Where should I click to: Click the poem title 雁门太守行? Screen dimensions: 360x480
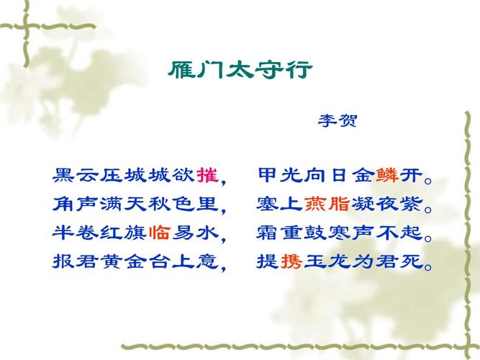point(240,71)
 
